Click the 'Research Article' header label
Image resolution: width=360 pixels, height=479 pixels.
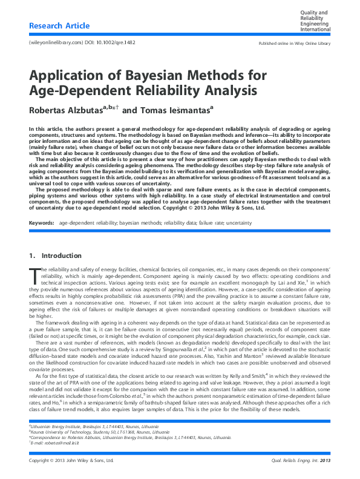pyautogui.click(x=59, y=25)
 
